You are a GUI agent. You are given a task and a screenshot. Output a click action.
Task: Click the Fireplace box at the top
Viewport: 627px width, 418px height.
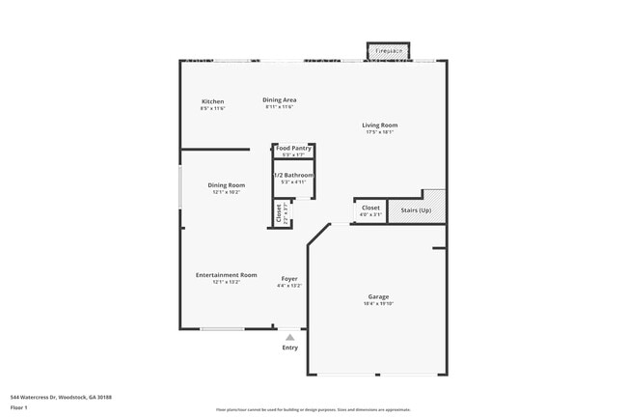[389, 50]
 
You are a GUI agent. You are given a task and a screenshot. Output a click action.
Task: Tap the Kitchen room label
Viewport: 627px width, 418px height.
[212, 101]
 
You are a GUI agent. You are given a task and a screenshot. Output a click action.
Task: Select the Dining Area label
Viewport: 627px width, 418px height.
[279, 99]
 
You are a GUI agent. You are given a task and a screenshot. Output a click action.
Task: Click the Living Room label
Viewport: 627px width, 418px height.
[379, 125]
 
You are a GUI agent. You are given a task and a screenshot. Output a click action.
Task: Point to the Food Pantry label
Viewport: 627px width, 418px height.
[293, 148]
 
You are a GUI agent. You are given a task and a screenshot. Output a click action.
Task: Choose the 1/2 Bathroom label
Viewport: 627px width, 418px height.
[293, 175]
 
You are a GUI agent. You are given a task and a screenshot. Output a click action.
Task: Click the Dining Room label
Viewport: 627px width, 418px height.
[226, 184]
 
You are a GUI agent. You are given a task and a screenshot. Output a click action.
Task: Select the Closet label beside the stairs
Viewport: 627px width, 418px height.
[370, 208]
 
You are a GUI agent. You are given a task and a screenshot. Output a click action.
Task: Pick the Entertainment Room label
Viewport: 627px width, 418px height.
[226, 275]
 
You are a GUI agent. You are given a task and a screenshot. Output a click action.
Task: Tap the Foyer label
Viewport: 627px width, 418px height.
[289, 278]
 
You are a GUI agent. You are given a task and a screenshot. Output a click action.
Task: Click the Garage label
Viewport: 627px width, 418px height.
[378, 296]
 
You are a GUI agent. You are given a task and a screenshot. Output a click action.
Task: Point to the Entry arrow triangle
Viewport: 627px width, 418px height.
[289, 337]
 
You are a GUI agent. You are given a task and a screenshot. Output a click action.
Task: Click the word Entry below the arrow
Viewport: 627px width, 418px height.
[289, 348]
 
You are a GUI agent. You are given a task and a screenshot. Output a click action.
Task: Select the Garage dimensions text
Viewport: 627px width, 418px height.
[378, 304]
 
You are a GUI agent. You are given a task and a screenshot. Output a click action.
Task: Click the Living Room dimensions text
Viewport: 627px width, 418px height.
[379, 132]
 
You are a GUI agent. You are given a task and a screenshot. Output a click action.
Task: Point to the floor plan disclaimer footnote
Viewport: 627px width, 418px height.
[313, 409]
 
